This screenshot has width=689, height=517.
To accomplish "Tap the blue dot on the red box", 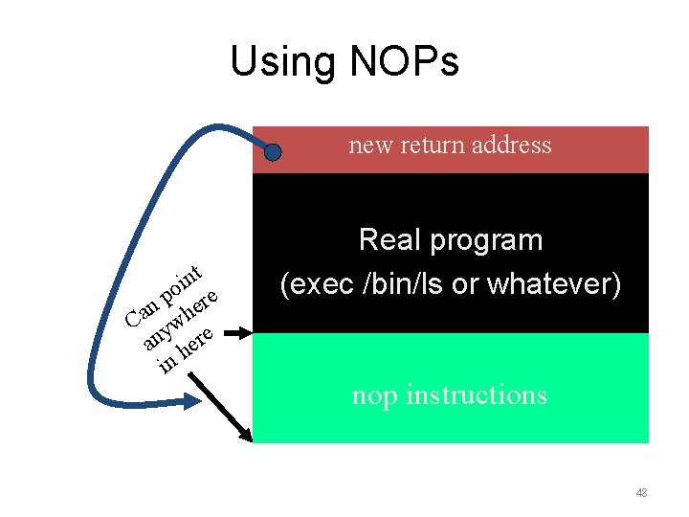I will pos(273,151).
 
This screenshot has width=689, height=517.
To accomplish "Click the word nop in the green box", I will pos(374,394).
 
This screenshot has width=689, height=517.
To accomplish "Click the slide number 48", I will pos(640,493).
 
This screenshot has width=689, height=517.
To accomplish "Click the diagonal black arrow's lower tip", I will pos(250,439).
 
